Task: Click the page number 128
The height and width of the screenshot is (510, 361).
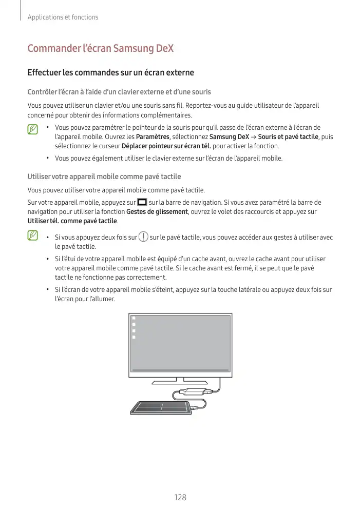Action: pos(180,497)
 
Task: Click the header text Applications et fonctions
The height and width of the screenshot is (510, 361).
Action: pos(63,17)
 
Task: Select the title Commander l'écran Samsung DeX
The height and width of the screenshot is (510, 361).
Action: pos(100,49)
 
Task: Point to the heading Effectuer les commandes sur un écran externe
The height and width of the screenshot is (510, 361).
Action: pos(110,72)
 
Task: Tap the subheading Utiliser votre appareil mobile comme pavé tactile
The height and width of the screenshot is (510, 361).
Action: pos(104,176)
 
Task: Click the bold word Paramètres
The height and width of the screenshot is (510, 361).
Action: pos(153,136)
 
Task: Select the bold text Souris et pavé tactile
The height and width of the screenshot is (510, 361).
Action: pos(288,136)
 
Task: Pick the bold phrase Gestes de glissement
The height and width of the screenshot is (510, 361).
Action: pos(157,211)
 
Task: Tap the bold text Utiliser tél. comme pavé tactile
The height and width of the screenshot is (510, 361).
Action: pos(72,221)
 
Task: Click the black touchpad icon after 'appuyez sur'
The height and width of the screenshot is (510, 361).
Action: pos(142,202)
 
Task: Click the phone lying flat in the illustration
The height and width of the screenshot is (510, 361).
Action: pos(163,408)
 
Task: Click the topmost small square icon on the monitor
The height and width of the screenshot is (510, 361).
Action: pos(134,318)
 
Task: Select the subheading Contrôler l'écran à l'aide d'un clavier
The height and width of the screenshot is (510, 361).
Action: pos(119,92)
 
